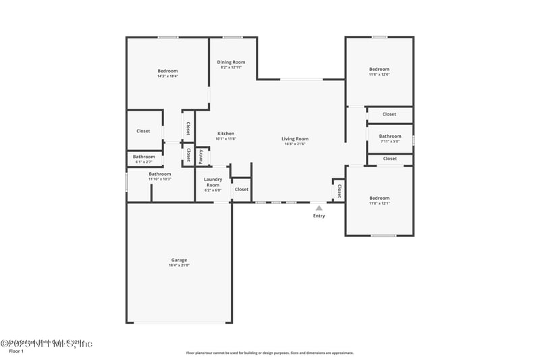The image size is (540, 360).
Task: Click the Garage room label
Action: tap(179, 260)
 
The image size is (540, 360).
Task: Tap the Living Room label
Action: tap(295, 138)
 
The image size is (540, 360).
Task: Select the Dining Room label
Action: tap(231, 62)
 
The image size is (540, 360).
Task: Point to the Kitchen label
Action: tap(225, 133)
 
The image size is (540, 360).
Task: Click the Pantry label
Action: tap(200, 156)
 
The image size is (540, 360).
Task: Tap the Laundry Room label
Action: tap(213, 182)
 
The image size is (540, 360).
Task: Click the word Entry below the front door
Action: tap(319, 216)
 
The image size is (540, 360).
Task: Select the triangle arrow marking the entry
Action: tap(319, 208)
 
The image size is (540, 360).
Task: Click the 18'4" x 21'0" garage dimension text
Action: tap(179, 265)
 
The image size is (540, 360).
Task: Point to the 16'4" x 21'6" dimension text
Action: tap(295, 144)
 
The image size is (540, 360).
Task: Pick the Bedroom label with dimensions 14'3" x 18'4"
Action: tap(167, 71)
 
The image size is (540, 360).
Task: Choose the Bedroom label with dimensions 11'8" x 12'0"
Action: tap(379, 69)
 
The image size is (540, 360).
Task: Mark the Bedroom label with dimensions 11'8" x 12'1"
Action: tap(379, 198)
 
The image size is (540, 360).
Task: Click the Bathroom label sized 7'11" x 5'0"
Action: tap(389, 136)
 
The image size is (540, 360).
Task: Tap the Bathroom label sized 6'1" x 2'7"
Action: tap(144, 157)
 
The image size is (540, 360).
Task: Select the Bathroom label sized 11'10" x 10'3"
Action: tap(160, 174)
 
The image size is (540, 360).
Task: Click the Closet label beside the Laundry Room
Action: tap(241, 189)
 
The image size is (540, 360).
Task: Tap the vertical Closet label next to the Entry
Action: tap(339, 190)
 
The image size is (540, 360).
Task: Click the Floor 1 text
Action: tap(16, 351)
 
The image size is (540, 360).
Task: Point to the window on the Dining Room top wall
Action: tap(233, 37)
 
